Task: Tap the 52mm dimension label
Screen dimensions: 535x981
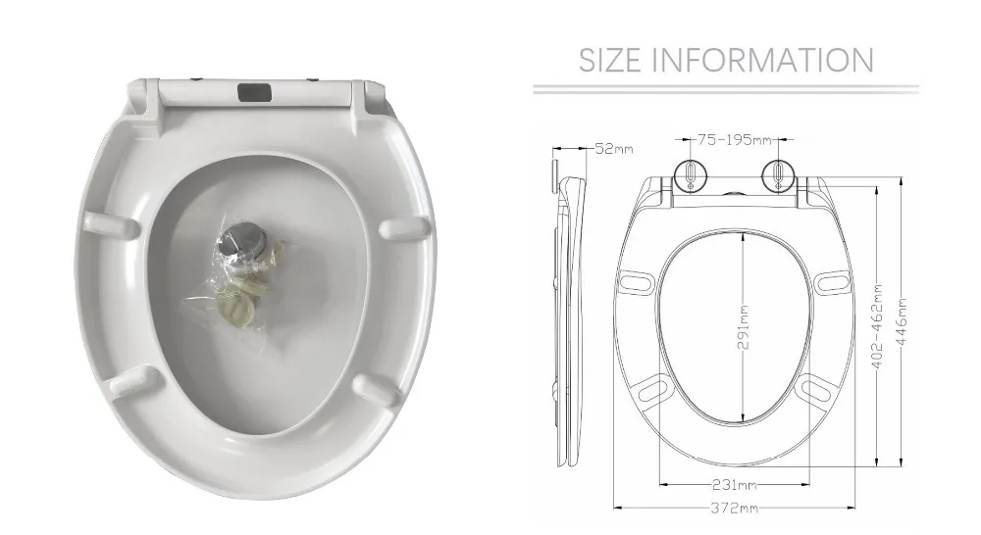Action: pos(615,149)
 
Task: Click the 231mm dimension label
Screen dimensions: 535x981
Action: pos(734,485)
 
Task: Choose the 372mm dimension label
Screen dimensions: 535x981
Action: pos(734,508)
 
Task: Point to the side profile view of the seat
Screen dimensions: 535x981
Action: pos(565,314)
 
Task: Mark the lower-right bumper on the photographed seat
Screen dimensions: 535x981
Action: pos(377,387)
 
